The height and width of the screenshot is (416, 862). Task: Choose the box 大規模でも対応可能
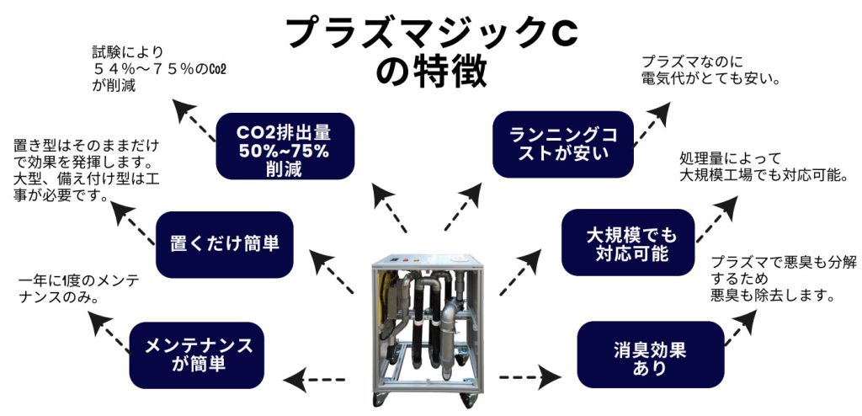click(631, 243)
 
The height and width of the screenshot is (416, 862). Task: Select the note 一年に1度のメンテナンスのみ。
click(73, 289)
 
